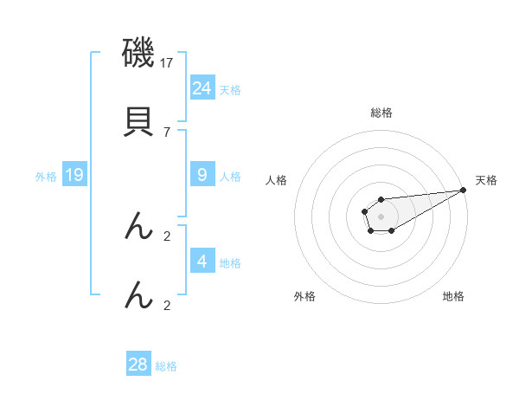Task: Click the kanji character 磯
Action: [139, 53]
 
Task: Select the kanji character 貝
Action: [139, 121]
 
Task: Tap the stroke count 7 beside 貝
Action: [167, 132]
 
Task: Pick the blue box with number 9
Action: [202, 174]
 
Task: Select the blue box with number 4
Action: [202, 261]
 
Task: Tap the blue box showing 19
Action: [74, 175]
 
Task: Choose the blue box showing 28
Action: [138, 365]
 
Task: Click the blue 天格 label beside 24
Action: [230, 89]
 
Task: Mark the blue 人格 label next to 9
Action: [230, 177]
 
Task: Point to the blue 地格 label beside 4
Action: [230, 263]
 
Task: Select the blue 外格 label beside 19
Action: [46, 177]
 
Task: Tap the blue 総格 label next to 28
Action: [166, 366]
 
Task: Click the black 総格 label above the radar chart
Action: [381, 113]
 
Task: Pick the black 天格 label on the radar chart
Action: [486, 180]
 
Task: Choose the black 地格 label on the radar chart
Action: [453, 296]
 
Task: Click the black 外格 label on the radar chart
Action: [304, 296]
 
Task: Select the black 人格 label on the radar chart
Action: [277, 180]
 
